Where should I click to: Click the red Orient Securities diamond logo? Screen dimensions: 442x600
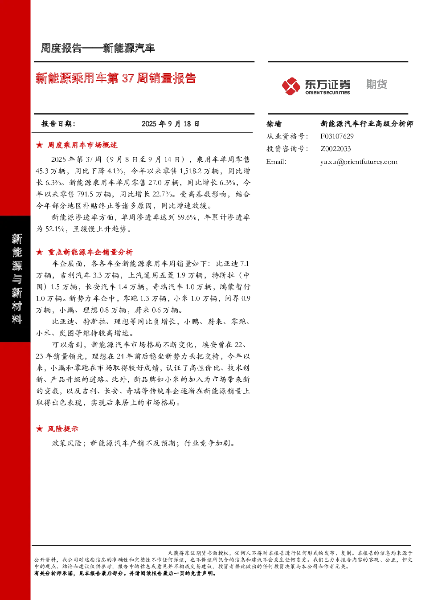click(291, 86)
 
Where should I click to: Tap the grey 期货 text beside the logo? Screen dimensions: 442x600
click(377, 84)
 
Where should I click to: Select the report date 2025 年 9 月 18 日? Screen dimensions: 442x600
click(170, 124)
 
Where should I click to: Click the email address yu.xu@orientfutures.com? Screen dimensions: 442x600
click(359, 162)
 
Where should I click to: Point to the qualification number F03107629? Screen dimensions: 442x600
click(337, 136)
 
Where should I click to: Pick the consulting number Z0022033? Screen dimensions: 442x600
click(336, 149)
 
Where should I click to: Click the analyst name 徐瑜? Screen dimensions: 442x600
click(274, 124)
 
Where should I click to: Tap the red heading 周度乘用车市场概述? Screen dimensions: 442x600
click(82, 145)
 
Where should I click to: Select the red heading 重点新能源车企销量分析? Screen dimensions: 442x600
click(90, 252)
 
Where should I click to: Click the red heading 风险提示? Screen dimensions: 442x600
click(63, 429)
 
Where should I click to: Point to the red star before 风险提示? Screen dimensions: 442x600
click(39, 429)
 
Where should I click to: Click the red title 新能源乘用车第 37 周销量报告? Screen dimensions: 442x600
click(116, 78)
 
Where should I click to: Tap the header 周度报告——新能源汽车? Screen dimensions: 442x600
click(98, 48)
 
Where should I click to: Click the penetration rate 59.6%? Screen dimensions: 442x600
click(187, 217)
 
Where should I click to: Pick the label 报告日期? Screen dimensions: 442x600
click(58, 124)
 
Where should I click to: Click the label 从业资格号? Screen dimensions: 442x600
click(287, 136)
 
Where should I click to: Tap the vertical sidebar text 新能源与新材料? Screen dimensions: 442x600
click(16, 279)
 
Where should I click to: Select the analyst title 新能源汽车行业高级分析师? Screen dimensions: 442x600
click(367, 124)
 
